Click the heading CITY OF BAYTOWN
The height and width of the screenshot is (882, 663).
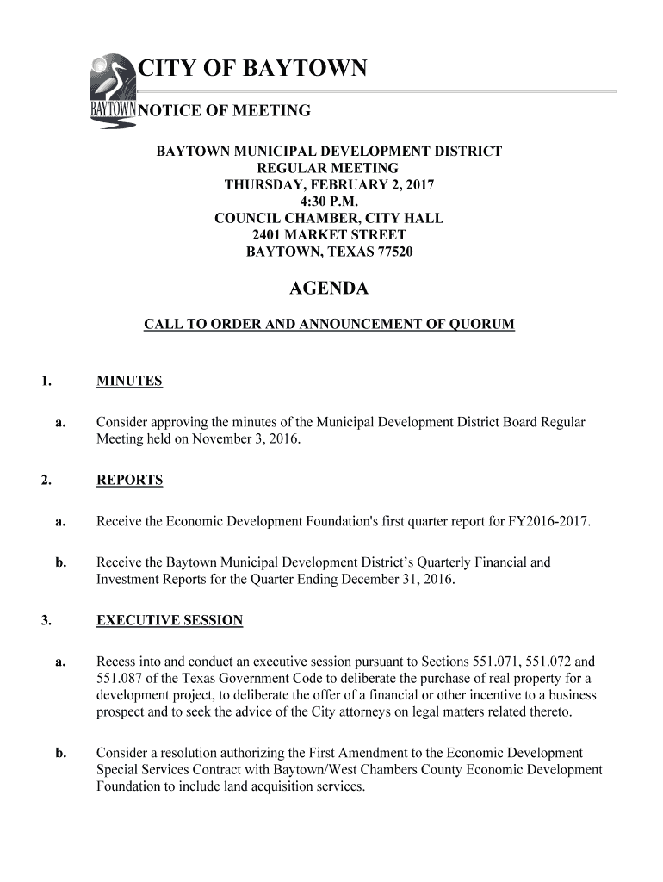tap(253, 69)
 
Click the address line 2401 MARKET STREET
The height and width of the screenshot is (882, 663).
tap(328, 235)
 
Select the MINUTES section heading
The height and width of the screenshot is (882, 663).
tap(129, 381)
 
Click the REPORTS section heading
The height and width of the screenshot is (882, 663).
tap(129, 480)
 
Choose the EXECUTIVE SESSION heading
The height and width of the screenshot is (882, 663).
tap(170, 620)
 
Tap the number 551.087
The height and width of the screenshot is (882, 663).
tap(116, 679)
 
